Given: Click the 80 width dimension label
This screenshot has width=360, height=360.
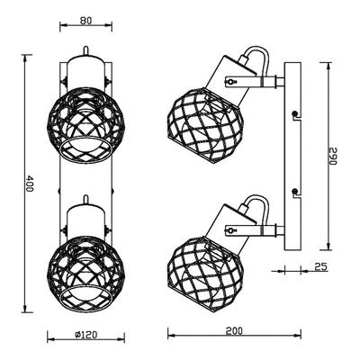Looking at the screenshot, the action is pyautogui.click(x=86, y=21).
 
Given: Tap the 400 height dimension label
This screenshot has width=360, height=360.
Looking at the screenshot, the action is pyautogui.click(x=29, y=184).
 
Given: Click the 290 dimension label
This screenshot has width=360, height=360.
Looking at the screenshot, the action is pyautogui.click(x=334, y=156).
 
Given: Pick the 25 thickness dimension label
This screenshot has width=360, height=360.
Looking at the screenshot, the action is pyautogui.click(x=320, y=266).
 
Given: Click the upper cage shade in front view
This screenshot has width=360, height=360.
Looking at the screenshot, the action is pyautogui.click(x=86, y=125).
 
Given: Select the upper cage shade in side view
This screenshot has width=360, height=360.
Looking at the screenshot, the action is pyautogui.click(x=205, y=125).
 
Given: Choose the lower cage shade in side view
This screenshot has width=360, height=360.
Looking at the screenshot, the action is pyautogui.click(x=205, y=272).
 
